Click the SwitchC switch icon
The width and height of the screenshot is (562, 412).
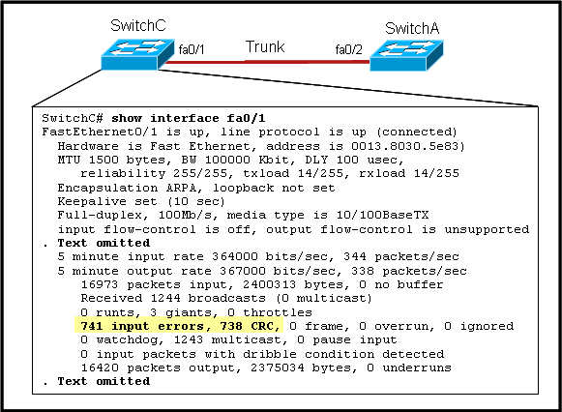pos(137,54)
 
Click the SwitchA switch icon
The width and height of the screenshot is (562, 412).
pos(406,55)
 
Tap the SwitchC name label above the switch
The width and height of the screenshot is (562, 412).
pos(138,25)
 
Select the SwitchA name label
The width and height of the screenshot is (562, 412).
pos(412,28)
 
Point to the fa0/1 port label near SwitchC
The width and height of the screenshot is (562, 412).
pos(192,49)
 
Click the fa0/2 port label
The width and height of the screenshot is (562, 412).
pos(349,49)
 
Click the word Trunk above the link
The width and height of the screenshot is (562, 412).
pos(265,47)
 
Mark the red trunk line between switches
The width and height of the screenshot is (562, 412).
pos(267,62)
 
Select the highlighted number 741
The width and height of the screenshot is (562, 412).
pos(92,326)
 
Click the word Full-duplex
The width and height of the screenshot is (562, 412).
pos(100,215)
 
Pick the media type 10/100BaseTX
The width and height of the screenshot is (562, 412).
pos(383,215)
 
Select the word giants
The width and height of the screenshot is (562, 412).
pos(189,312)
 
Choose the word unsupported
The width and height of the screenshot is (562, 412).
pos(487,229)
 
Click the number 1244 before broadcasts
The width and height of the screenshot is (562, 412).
pos(165,298)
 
